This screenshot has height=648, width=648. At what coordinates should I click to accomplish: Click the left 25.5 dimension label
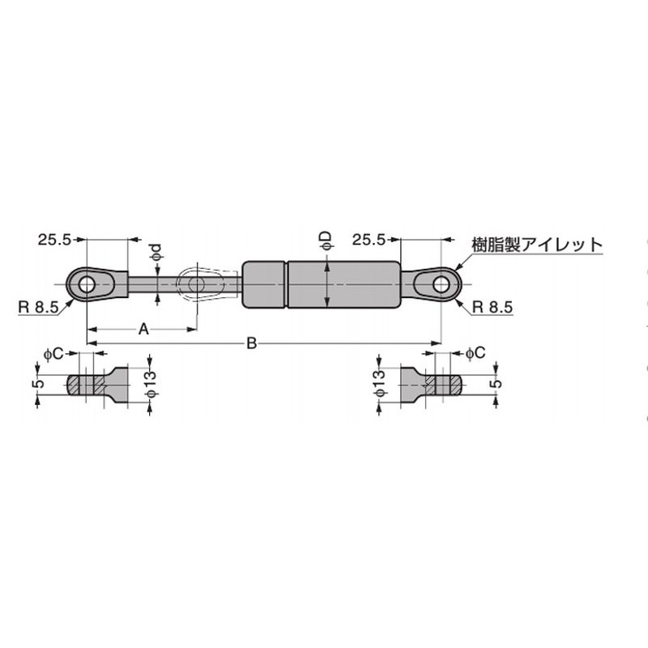point(55,240)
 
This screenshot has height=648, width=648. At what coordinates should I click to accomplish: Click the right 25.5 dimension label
point(369,240)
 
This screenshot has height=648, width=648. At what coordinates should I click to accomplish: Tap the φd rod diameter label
point(156,253)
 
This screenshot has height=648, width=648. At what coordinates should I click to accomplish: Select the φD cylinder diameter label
point(326,241)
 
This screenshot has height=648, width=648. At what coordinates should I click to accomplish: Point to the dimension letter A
point(143,330)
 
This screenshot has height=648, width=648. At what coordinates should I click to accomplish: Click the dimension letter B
point(252,343)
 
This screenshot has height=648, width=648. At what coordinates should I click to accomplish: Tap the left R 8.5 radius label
point(38,308)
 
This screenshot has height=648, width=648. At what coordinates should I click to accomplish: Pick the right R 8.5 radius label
point(492,308)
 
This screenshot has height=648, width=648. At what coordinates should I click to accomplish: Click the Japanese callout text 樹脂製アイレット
point(537,245)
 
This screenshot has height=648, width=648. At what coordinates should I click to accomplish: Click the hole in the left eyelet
point(87,285)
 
